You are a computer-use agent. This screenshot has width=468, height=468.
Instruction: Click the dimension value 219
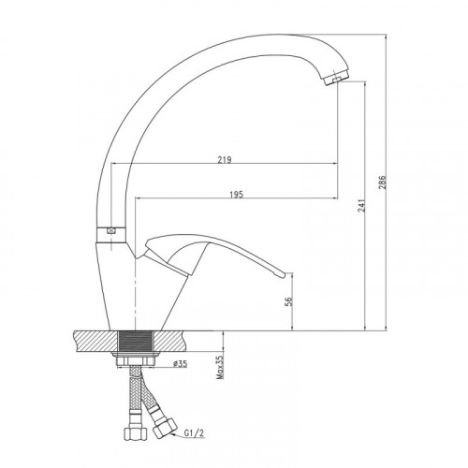tap(225, 159)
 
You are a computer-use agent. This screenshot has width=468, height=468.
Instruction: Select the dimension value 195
tap(236, 195)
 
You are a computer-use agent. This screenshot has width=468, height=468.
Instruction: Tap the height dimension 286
tap(382, 183)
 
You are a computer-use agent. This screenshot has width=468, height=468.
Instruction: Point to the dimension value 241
tap(361, 206)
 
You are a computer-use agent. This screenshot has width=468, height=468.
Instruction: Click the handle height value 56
tap(289, 301)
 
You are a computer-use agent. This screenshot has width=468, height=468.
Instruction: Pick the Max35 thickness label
tap(220, 367)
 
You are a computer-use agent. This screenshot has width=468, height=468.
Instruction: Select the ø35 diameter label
tap(181, 363)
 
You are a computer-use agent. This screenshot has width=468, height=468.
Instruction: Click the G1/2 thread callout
tap(194, 433)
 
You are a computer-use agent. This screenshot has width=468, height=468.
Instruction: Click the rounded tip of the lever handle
tap(283, 274)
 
